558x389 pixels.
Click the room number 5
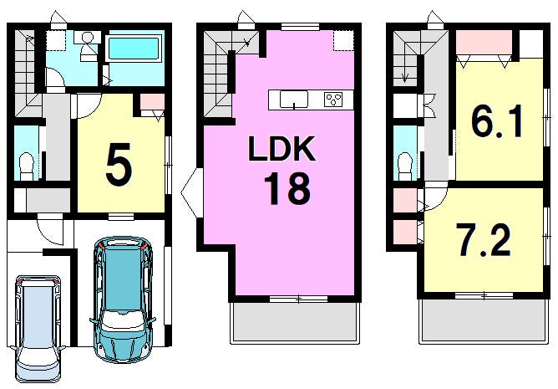(x=119, y=164)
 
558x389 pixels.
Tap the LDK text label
(x=282, y=148)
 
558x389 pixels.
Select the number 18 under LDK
(x=287, y=188)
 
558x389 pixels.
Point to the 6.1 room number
(x=497, y=121)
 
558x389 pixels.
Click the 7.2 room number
(x=484, y=240)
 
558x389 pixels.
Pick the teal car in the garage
(x=123, y=299)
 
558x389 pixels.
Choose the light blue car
(x=38, y=328)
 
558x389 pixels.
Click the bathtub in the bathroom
(x=134, y=49)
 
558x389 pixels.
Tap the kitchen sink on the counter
(x=293, y=99)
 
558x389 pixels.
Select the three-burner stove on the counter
(x=333, y=99)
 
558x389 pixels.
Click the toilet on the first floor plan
(x=26, y=166)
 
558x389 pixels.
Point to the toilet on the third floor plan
(x=405, y=166)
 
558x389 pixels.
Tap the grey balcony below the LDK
(x=295, y=322)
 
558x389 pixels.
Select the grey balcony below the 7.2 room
(x=484, y=320)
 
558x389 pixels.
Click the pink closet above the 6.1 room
(x=484, y=43)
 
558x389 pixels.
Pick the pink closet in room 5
(x=152, y=102)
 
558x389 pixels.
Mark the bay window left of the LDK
(x=192, y=193)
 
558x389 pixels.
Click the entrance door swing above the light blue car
(x=50, y=232)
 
